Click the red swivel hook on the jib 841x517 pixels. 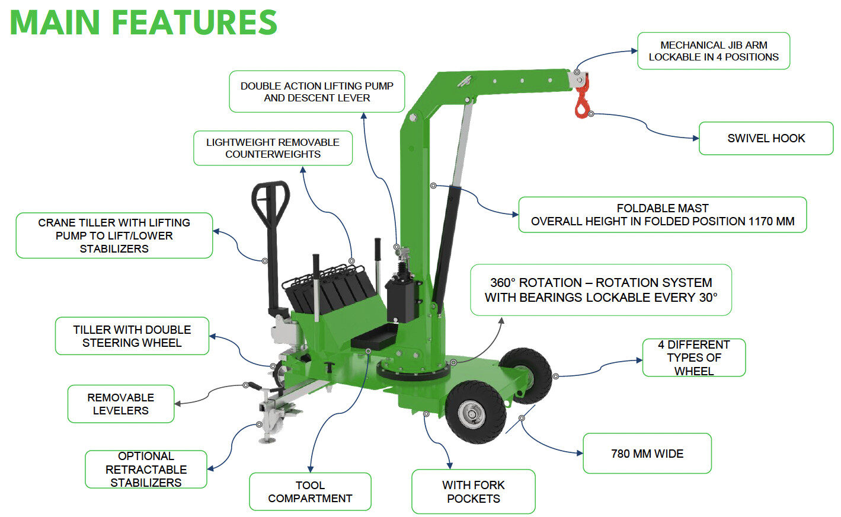point(582,104)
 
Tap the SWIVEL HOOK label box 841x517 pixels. point(766,138)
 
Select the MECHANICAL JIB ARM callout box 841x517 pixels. point(713,51)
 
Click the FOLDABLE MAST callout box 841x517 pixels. point(662,215)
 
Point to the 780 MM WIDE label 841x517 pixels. point(647,454)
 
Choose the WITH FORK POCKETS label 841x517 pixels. point(473,492)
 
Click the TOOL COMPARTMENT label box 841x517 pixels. point(310,492)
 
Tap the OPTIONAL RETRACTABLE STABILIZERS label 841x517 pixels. point(146,469)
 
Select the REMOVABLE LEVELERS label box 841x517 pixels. point(120,404)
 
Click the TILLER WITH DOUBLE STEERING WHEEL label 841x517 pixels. point(132,336)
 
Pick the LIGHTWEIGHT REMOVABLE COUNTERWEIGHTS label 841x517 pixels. point(273,148)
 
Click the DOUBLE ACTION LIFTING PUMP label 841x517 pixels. point(316,92)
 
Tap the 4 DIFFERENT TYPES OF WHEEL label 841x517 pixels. point(693,358)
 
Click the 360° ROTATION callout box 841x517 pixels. point(600,290)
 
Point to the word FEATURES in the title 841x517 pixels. point(194,23)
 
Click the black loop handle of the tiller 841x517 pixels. point(270,202)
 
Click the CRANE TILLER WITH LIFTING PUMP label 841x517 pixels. point(114,235)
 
